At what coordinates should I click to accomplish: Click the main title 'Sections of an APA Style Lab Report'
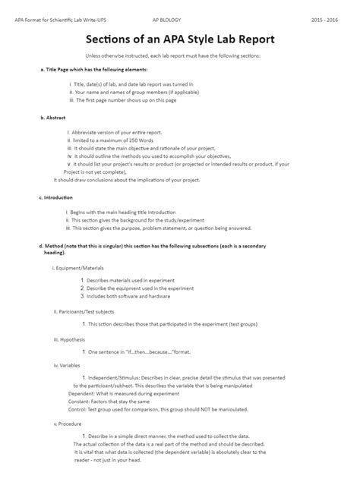click(x=179, y=38)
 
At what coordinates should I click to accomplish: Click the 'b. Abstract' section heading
click(x=52, y=118)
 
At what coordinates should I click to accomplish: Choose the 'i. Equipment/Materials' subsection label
click(x=77, y=268)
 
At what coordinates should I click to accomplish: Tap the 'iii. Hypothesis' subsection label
click(x=69, y=339)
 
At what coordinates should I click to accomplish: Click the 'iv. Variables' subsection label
click(x=67, y=365)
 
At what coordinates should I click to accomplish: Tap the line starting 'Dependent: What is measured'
click(x=123, y=394)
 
